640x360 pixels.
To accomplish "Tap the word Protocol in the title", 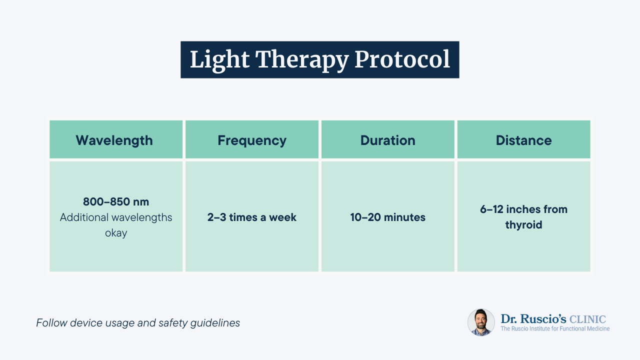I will point(402,60).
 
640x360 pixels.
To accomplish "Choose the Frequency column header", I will point(252,140).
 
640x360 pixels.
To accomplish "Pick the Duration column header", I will point(388,140).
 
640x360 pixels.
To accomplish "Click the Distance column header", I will point(523,140).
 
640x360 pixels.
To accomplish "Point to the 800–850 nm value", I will point(116,202).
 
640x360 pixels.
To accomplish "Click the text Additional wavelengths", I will point(116,217).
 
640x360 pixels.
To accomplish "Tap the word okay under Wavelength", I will point(116,233).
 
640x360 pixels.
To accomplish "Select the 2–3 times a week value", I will point(252,217).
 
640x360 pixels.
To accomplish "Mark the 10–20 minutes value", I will point(388,217).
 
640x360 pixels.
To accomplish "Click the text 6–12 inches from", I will point(523,209).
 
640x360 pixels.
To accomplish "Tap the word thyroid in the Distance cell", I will point(523,225).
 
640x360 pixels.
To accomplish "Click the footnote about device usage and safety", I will point(138,323).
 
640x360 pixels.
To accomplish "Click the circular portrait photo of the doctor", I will point(481,322).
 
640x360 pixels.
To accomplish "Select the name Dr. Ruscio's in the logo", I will point(533,319).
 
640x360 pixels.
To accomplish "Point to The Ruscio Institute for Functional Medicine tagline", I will point(555,329).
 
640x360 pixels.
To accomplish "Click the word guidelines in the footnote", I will point(217,323).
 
